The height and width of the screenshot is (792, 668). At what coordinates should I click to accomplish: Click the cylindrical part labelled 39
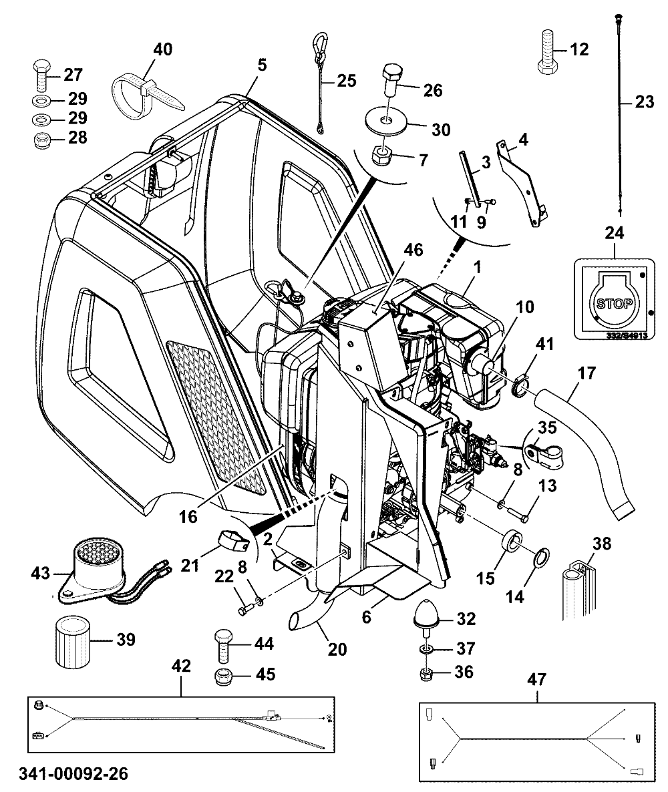(71, 640)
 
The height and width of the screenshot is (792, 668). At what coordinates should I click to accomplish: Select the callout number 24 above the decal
(614, 233)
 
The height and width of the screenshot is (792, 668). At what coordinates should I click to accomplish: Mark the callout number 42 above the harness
(181, 666)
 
